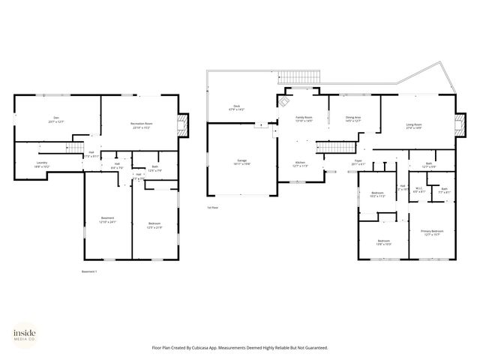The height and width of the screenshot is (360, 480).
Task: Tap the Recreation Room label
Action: click(x=141, y=124)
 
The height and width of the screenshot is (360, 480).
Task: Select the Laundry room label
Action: click(x=42, y=163)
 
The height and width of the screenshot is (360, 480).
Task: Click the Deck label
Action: click(x=236, y=109)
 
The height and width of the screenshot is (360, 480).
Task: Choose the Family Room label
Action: click(x=304, y=118)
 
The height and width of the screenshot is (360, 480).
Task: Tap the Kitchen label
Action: click(x=300, y=163)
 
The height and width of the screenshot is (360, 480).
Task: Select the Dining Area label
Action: click(x=353, y=118)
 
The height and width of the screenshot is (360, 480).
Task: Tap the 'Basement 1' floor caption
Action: click(x=89, y=271)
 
